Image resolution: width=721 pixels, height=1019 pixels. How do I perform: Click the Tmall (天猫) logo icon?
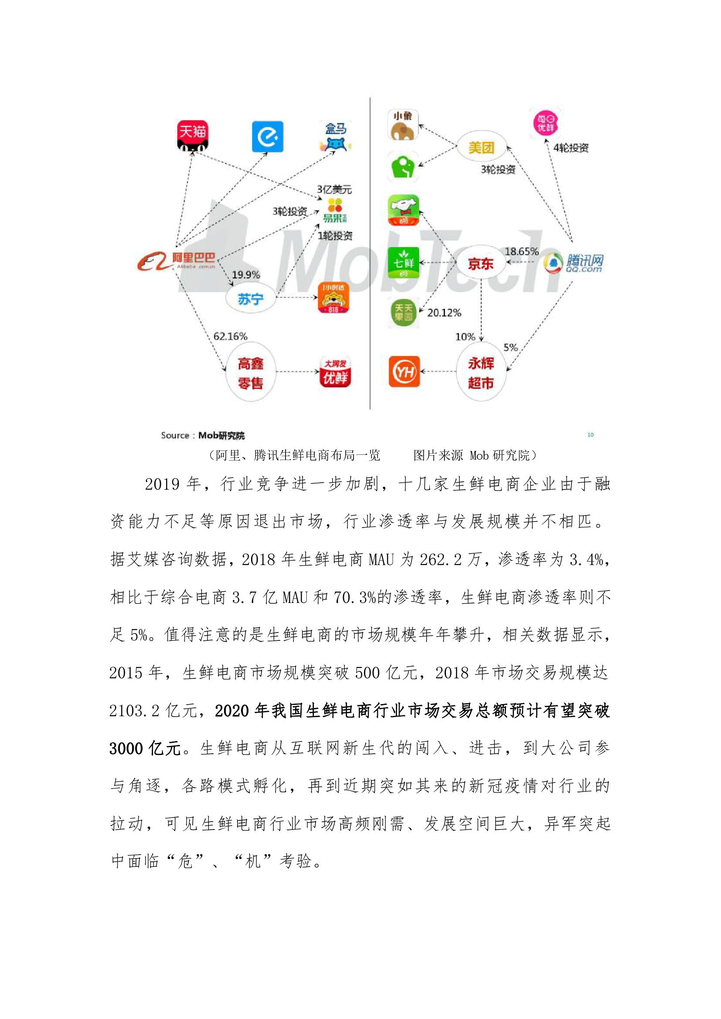click(x=192, y=135)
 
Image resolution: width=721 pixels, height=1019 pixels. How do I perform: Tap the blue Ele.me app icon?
click(x=267, y=136)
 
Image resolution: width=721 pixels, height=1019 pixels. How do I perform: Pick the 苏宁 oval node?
click(x=250, y=299)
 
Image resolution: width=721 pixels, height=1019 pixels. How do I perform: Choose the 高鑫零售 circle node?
click(x=250, y=373)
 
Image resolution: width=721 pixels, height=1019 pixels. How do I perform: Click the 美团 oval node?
click(x=481, y=147)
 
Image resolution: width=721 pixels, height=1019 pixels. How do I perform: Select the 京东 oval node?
click(x=481, y=264)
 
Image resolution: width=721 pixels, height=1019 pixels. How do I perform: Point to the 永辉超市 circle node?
click(x=481, y=372)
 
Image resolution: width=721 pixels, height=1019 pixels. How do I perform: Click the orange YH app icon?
click(x=404, y=371)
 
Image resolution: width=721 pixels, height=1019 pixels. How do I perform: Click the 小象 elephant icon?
click(x=403, y=125)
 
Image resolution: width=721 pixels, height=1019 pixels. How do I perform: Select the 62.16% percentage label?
click(x=230, y=336)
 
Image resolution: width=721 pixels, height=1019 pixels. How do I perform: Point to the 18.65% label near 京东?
click(x=521, y=251)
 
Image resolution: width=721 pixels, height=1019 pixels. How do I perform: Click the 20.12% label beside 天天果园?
click(x=444, y=313)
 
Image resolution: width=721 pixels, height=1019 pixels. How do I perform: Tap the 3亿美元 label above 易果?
click(x=334, y=190)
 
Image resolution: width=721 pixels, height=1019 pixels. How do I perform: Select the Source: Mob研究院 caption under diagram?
click(x=203, y=435)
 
